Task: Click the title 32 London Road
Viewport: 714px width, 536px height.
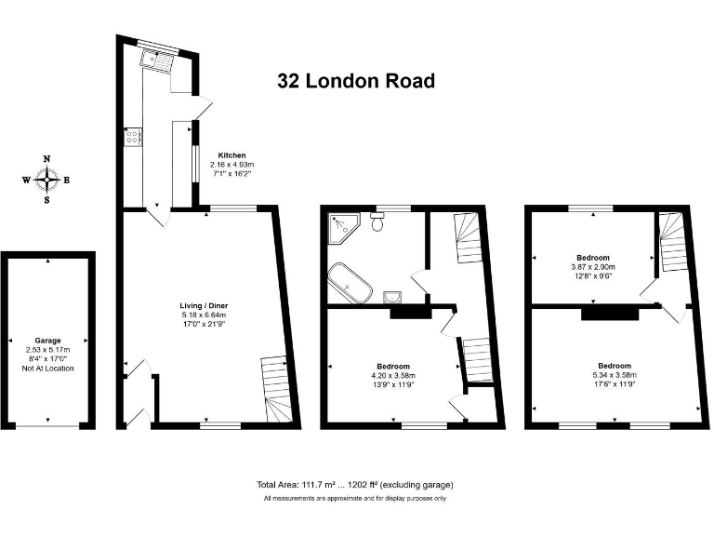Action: tap(356, 81)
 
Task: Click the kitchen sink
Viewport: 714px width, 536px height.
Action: tap(155, 61)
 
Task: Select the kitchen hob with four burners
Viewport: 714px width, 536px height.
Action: tap(133, 137)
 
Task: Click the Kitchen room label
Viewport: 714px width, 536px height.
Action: tap(231, 155)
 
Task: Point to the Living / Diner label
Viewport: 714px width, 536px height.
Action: tap(205, 305)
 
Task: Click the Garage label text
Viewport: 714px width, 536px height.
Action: tap(47, 341)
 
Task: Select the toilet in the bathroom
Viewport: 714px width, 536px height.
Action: tap(377, 221)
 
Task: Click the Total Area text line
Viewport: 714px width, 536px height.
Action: tap(355, 485)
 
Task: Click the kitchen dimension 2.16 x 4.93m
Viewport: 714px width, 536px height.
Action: tap(231, 165)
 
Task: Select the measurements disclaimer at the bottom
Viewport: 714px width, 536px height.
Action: tap(355, 500)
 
